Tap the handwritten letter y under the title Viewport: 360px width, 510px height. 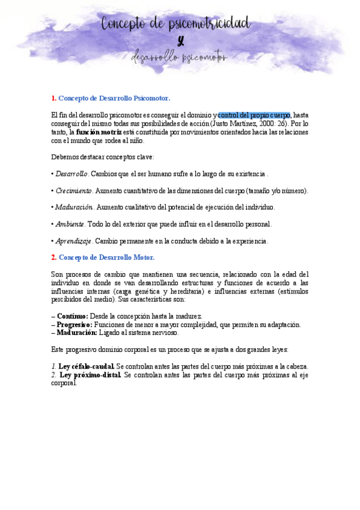click(180, 41)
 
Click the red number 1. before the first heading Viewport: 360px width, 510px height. click(53, 97)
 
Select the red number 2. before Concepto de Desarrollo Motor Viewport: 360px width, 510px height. click(53, 257)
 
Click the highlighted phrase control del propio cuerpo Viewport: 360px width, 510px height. click(254, 115)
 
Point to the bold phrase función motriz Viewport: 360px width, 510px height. click(99, 132)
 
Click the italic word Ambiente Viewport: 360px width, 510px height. click(70, 224)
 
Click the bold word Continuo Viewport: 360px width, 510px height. click(72, 316)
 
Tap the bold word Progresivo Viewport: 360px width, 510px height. click(75, 325)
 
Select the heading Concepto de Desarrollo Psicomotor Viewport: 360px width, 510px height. click(114, 97)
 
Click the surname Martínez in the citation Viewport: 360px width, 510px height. click(235, 123)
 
